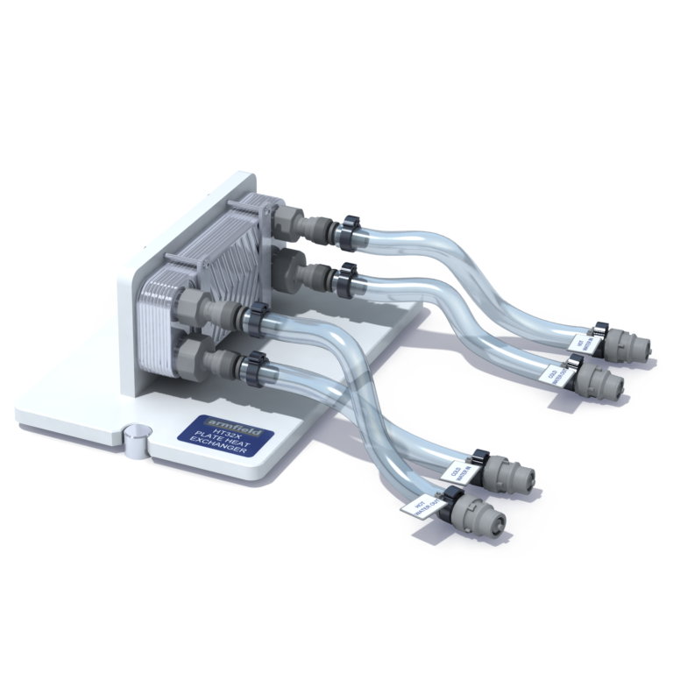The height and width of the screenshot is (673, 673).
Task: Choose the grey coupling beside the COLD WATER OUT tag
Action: (x=601, y=379)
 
